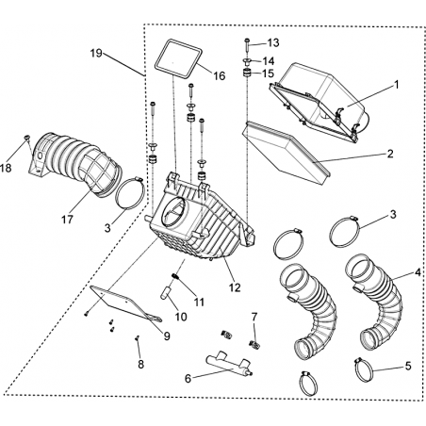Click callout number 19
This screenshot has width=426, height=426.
[x=96, y=53]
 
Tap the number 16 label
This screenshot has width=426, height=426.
[x=220, y=75]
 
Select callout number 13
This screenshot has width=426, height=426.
[x=273, y=42]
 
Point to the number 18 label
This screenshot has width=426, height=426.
[x=6, y=168]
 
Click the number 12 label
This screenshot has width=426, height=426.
[x=235, y=287]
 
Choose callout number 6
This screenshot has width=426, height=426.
[x=188, y=379]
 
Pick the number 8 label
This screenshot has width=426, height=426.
[x=140, y=365]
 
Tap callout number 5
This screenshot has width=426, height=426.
[x=408, y=366]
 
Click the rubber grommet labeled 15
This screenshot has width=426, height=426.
[x=248, y=74]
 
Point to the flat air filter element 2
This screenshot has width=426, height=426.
[x=286, y=153]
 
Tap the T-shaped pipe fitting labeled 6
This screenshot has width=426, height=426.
[x=228, y=365]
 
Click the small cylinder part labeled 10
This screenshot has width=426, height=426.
[x=165, y=292]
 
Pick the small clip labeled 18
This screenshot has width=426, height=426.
[x=26, y=138]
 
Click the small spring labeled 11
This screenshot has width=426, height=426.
[x=175, y=276]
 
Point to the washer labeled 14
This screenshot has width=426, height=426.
[x=247, y=60]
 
